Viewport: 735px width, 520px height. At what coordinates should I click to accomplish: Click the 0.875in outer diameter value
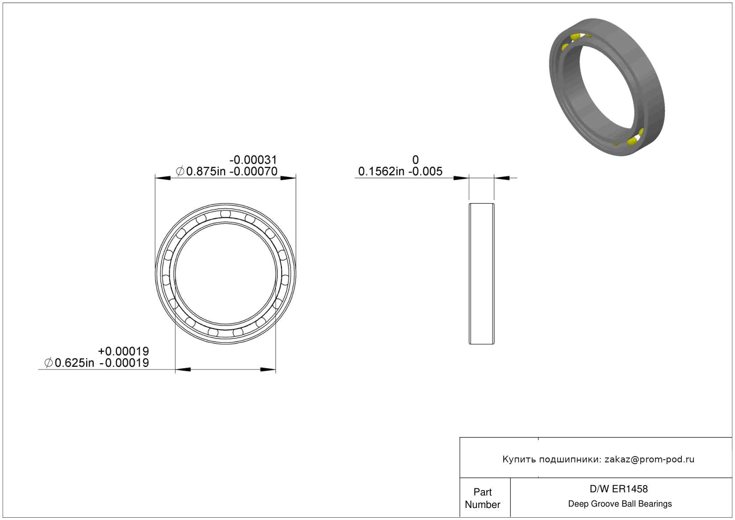(206, 172)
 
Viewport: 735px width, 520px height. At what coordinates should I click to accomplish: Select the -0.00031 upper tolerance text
(253, 160)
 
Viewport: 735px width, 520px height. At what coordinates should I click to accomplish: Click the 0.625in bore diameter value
(74, 363)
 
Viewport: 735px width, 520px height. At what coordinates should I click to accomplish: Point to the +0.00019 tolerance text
(123, 351)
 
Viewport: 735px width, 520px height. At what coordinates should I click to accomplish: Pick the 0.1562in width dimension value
(381, 172)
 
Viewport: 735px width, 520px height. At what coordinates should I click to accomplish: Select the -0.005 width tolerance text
(425, 172)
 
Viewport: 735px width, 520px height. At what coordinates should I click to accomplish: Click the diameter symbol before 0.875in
(180, 172)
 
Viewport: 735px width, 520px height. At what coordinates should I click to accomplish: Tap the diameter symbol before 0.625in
(49, 363)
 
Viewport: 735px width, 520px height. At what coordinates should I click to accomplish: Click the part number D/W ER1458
(618, 489)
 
